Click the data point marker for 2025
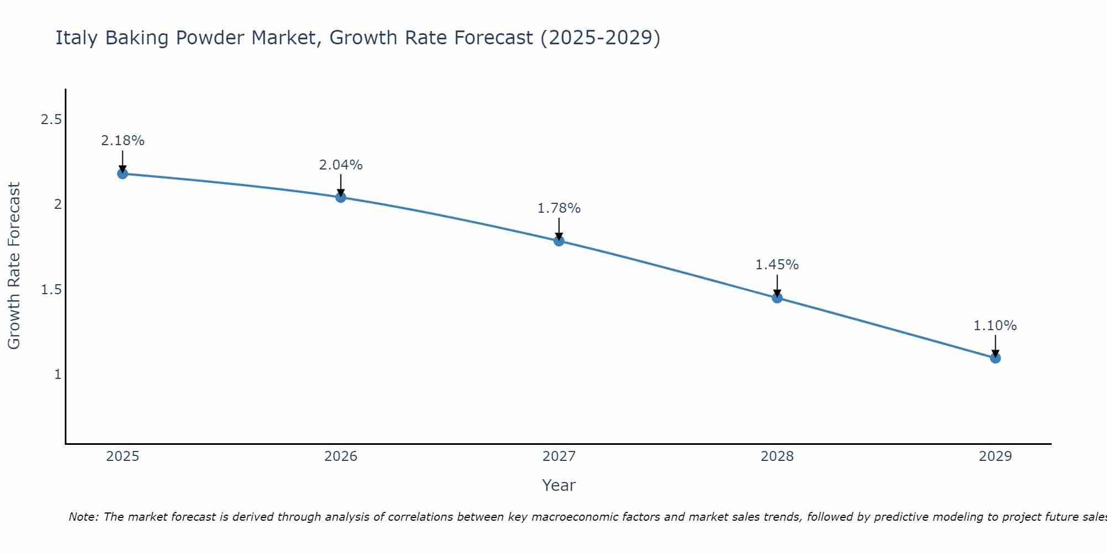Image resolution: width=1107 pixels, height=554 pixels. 122,173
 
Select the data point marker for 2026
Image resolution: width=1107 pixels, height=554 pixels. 340,197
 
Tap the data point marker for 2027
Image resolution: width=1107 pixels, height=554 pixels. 558,240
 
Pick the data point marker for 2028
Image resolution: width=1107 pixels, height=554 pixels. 777,297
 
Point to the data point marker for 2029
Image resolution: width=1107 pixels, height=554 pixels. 995,358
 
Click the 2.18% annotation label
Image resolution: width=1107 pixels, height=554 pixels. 122,141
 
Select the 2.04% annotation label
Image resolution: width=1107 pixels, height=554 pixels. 340,165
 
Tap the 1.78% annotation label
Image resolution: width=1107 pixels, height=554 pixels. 558,208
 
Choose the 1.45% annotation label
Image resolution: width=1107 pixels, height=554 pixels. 777,265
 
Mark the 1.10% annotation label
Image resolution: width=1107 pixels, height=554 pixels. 995,326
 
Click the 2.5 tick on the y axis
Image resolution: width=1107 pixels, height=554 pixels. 51,120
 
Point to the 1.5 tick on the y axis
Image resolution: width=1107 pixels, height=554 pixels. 51,290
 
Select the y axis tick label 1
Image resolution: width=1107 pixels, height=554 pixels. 58,375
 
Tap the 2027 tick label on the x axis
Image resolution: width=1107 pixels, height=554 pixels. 558,456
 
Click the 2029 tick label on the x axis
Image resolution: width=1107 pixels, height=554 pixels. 995,456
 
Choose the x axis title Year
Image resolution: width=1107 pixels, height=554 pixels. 558,485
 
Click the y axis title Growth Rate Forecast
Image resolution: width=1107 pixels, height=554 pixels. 14,266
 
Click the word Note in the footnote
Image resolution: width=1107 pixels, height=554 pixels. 83,517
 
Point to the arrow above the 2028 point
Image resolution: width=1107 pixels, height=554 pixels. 777,286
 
